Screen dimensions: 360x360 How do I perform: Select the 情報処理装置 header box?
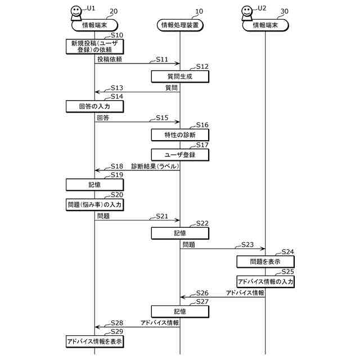click(179, 25)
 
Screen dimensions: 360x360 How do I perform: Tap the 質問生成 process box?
click(179, 76)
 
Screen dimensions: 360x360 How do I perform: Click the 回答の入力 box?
click(94, 106)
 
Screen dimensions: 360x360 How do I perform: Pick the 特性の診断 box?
click(179, 135)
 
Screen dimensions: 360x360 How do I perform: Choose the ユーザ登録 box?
click(179, 155)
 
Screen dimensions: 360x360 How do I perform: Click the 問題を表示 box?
click(265, 262)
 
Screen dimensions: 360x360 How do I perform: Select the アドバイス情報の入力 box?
click(265, 281)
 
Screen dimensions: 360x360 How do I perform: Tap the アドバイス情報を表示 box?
click(94, 341)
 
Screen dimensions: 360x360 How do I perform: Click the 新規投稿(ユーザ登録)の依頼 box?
click(94, 46)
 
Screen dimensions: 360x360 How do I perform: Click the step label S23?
click(247, 245)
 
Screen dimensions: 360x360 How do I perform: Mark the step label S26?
click(202, 293)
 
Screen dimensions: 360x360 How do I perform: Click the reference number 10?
click(199, 11)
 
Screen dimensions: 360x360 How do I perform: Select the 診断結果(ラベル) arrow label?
click(155, 166)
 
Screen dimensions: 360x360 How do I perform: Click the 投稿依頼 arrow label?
click(110, 59)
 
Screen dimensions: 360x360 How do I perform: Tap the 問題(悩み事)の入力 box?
click(94, 205)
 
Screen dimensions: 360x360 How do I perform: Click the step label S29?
click(117, 332)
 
